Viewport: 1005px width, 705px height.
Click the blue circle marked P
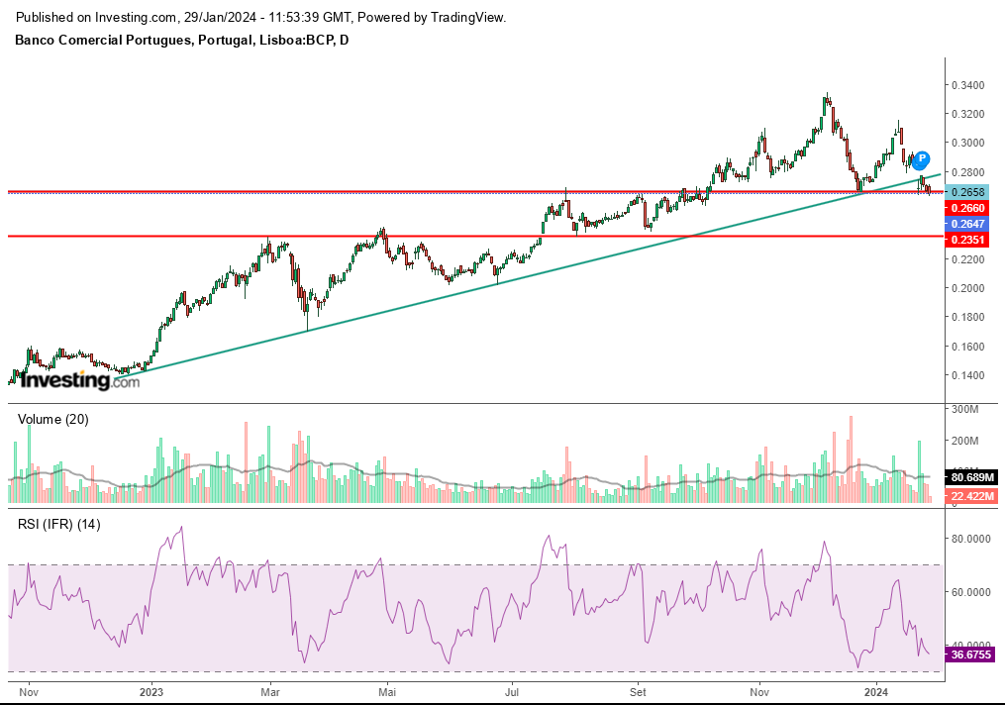click(922, 159)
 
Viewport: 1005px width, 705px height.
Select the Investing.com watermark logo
click(80, 379)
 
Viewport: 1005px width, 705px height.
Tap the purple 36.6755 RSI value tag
click(969, 655)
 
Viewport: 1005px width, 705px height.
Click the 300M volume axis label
click(965, 409)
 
